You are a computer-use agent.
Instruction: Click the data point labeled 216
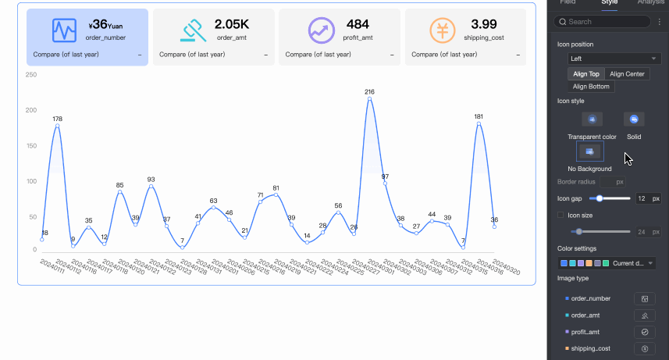pos(369,99)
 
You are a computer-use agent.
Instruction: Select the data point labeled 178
pos(57,126)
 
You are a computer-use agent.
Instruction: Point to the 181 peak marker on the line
pos(479,124)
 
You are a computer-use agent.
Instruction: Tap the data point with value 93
pos(151,187)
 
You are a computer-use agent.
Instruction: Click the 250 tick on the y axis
pos(31,75)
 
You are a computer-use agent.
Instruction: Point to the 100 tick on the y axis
pos(31,181)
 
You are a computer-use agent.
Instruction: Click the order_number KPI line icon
pos(64,30)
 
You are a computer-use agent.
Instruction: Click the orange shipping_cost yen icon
pos(443,30)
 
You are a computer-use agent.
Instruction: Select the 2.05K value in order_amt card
pos(232,25)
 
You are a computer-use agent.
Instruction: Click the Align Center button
pos(627,73)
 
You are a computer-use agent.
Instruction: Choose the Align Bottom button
pos(591,87)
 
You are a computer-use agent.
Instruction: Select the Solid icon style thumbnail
pos(634,119)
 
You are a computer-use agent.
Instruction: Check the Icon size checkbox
pos(560,215)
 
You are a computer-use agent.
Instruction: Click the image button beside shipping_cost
pos(645,348)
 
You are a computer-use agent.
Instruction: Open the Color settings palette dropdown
pos(607,263)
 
